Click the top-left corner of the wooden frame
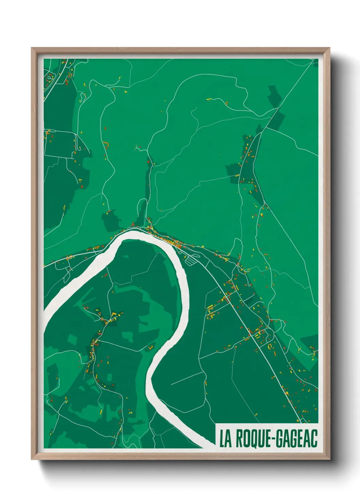[32, 48]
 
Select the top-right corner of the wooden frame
[329, 48]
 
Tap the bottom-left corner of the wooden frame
[32, 459]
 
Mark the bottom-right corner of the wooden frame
[329, 459]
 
